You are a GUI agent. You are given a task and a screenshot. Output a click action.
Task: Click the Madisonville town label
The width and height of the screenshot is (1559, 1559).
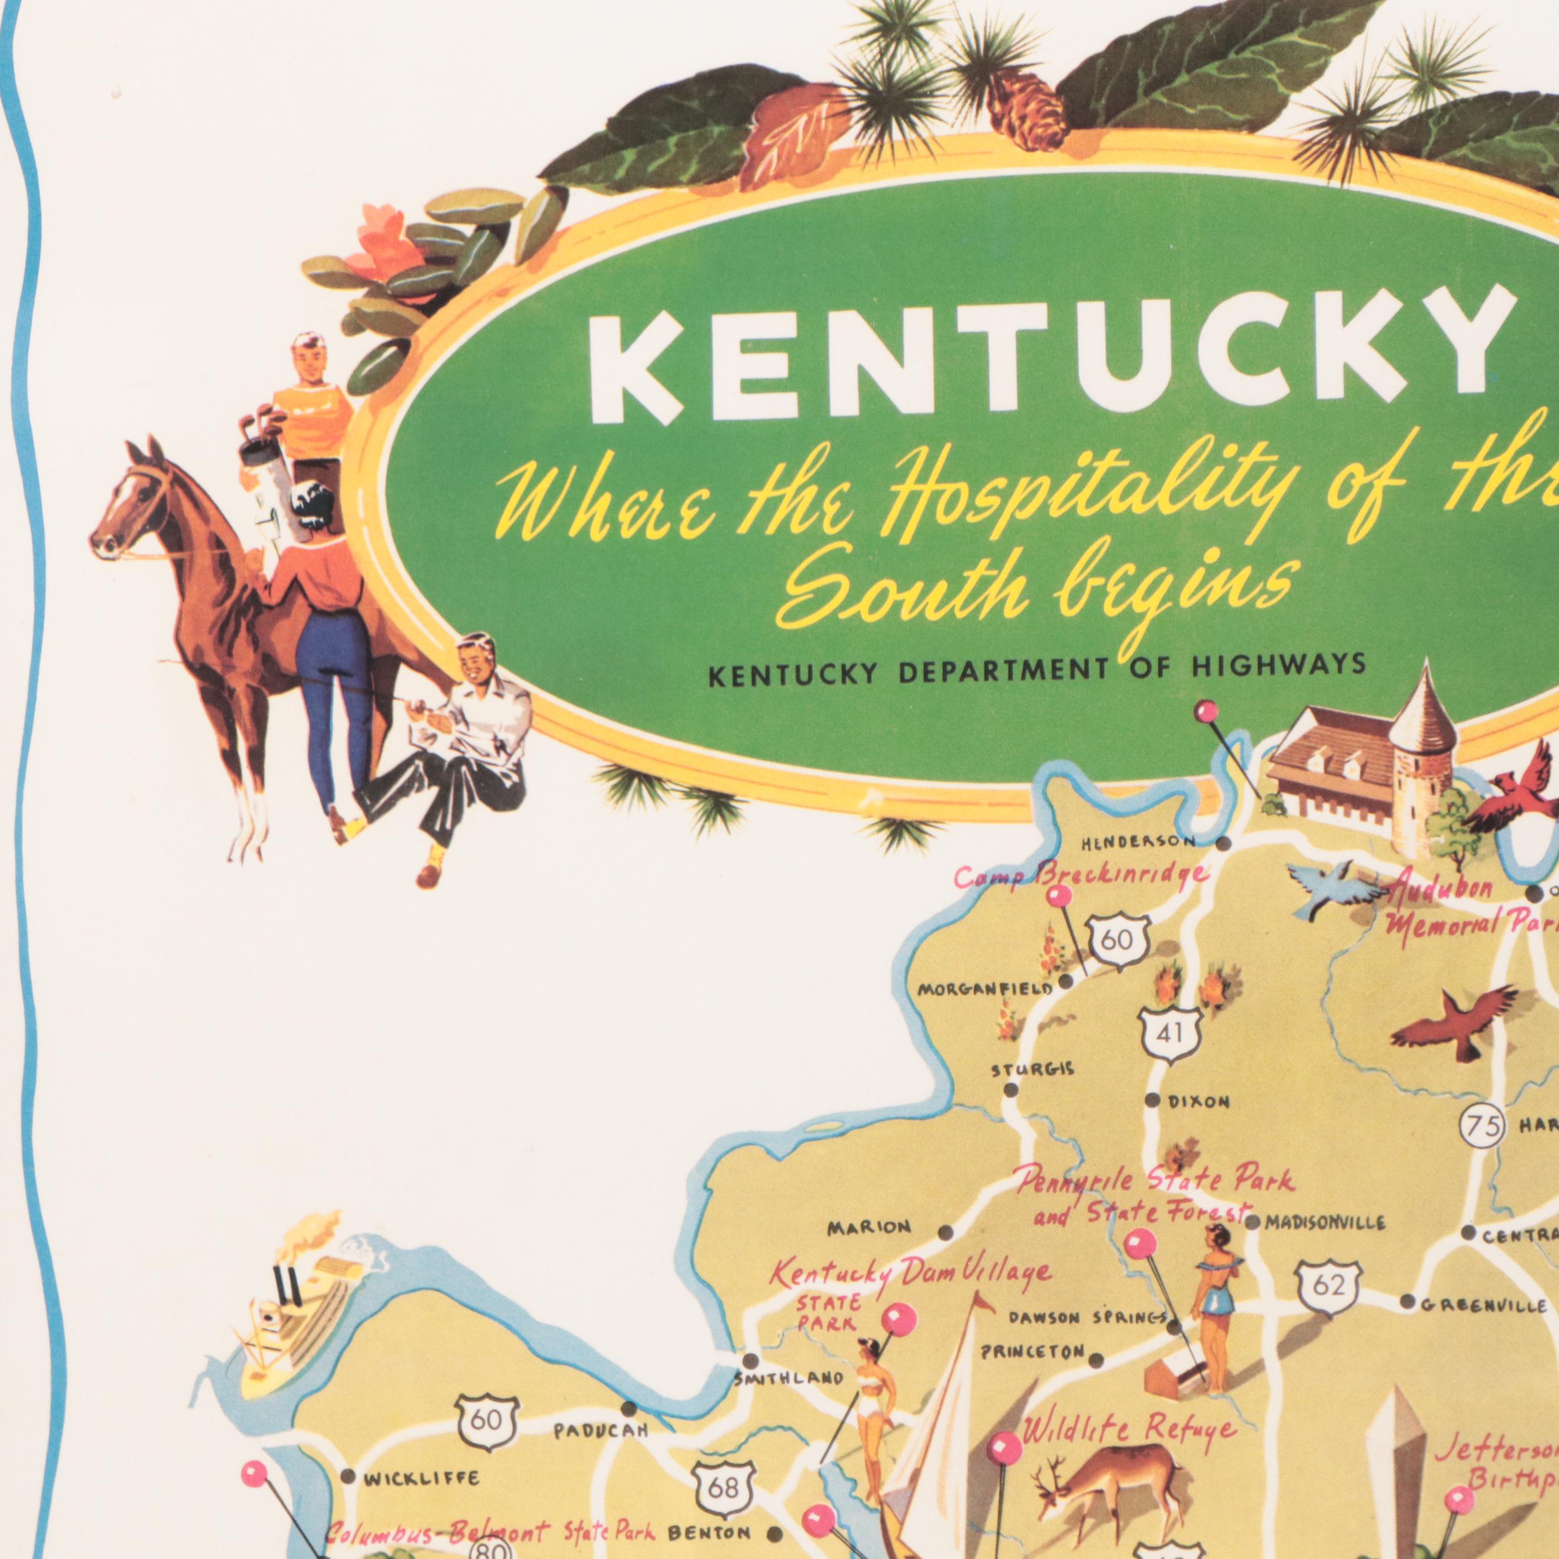click(1325, 1246)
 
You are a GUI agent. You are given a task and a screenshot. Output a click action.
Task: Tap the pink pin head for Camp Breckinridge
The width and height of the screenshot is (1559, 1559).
click(1059, 896)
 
